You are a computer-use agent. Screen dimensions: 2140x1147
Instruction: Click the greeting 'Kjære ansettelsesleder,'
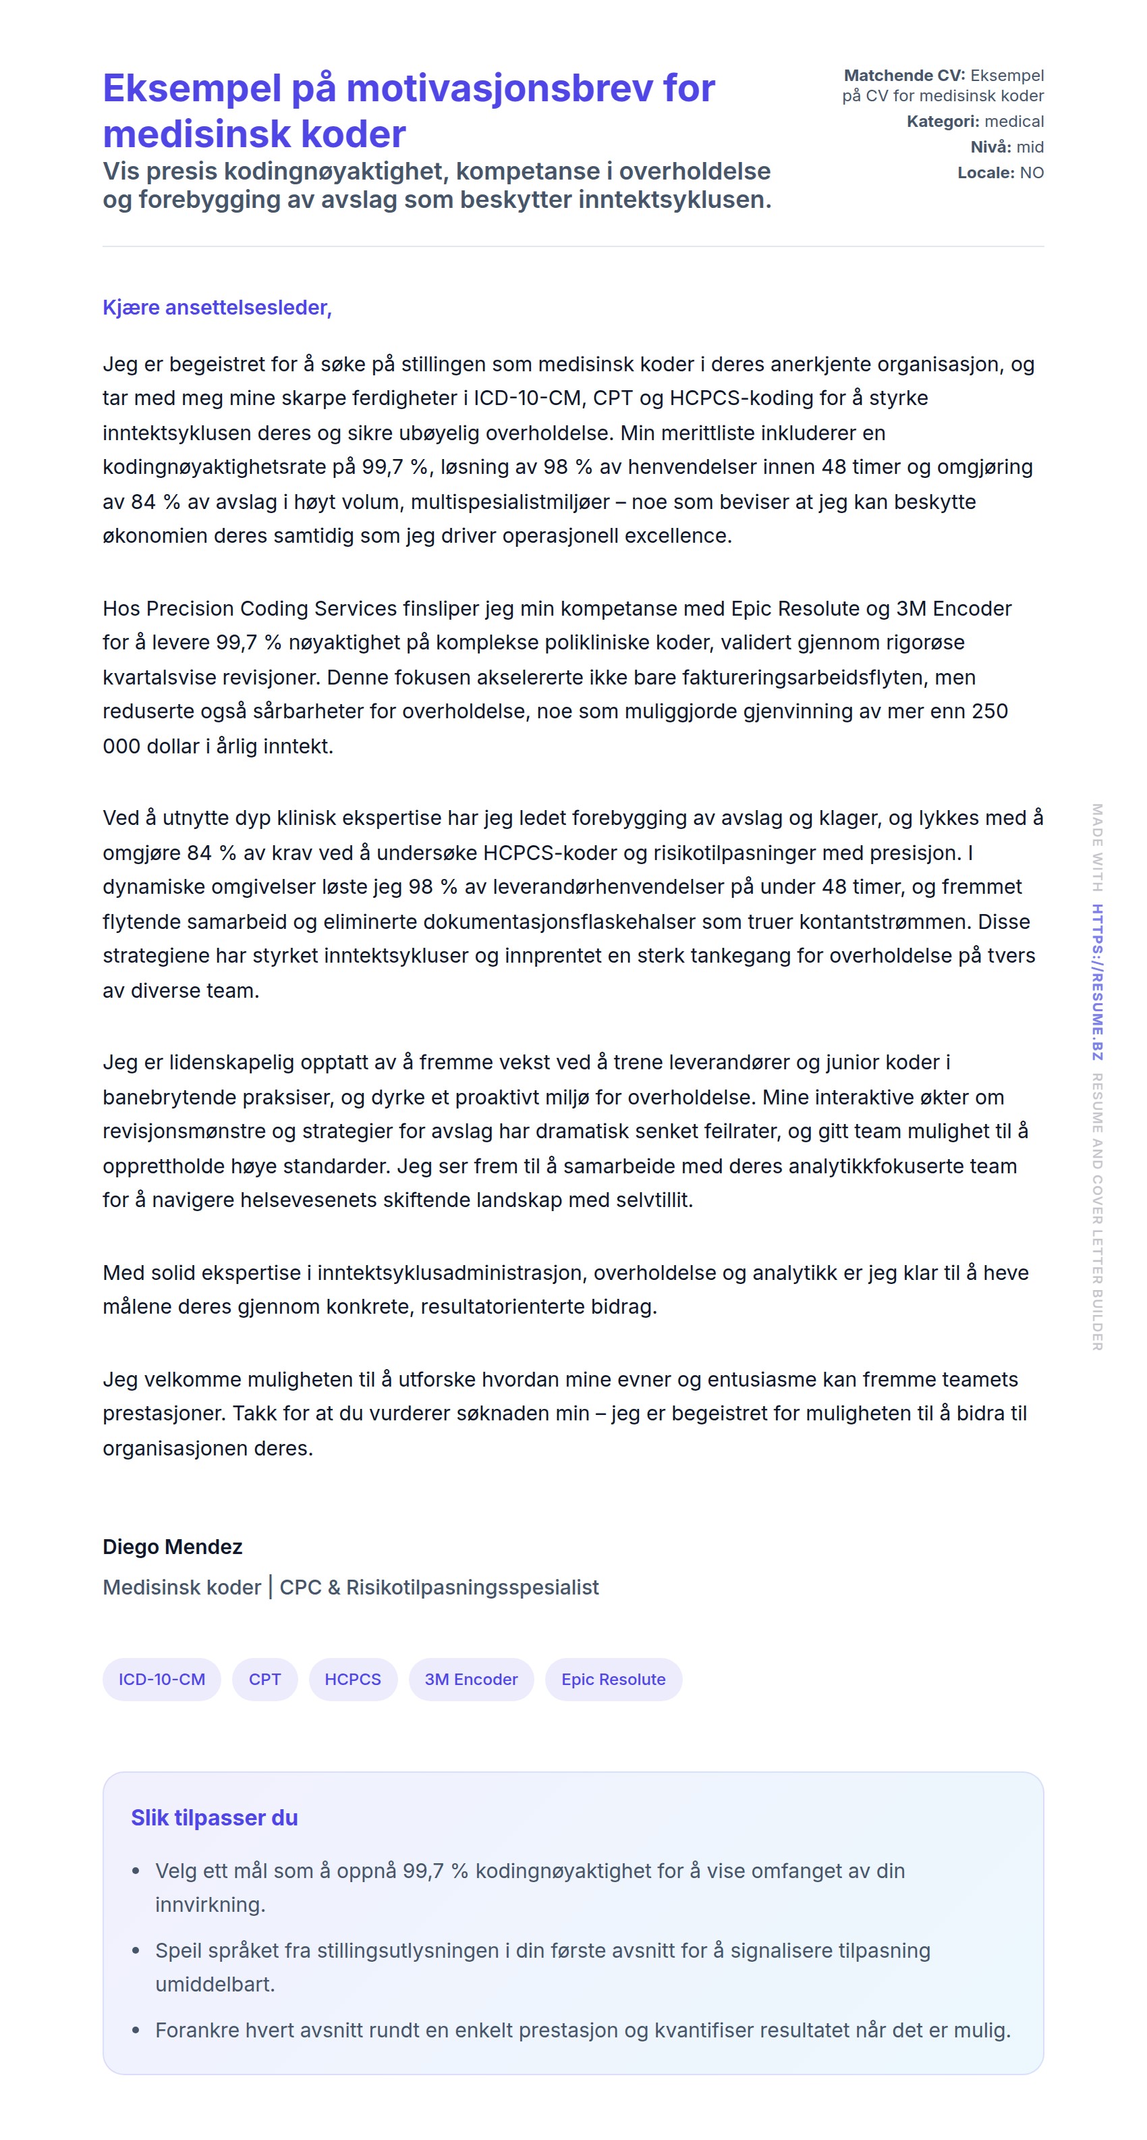tap(217, 307)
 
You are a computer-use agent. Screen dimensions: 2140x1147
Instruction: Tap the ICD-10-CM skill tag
tap(161, 1679)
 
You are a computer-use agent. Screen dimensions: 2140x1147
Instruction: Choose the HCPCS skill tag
tap(352, 1679)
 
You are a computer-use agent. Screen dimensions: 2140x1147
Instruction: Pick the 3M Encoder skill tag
tap(470, 1679)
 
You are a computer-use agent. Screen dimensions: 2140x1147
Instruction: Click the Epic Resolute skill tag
tap(613, 1679)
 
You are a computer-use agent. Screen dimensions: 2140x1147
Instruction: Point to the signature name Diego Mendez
tap(172, 1546)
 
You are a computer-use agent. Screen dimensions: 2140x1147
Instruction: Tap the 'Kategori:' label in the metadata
tap(943, 122)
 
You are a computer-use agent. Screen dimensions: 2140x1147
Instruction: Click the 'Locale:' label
tap(985, 173)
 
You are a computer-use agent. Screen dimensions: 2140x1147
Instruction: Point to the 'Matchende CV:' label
tap(903, 76)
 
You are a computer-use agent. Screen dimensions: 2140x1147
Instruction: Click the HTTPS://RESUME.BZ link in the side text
tap(1097, 981)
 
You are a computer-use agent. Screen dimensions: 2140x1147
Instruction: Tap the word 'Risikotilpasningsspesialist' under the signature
tap(472, 1586)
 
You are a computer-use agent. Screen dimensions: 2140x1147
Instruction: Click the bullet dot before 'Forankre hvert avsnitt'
tap(136, 2031)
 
